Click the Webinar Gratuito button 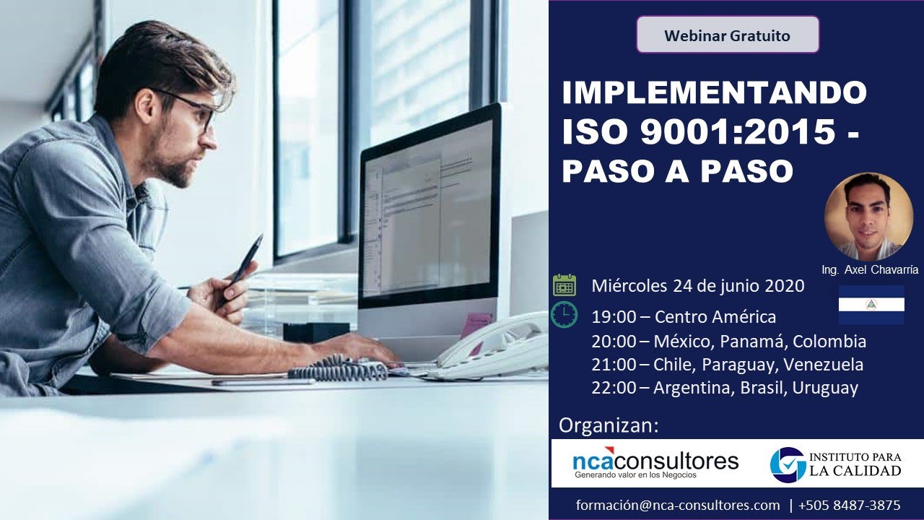coord(727,35)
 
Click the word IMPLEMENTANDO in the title coord(714,92)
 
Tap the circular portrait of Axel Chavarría coord(868,216)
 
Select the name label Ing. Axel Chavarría coord(869,269)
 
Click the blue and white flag coord(871,304)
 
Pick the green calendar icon coord(565,285)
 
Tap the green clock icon coord(565,315)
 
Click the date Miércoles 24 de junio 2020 coord(697,286)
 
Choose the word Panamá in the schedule coord(755,341)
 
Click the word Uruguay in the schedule coord(825,389)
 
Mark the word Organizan coord(609,425)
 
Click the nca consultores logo coord(655,464)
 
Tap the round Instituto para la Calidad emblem coord(788,464)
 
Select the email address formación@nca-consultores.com coord(678,506)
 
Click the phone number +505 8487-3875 coord(850,506)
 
